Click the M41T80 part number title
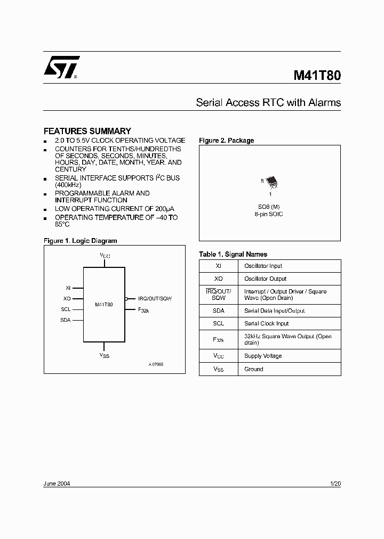pos(317,75)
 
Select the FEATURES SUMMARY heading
pos(87,131)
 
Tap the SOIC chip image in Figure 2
pos(271,182)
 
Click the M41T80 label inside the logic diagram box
pos(104,305)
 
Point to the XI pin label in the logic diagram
pos(68,288)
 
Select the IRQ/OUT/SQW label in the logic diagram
pos(155,299)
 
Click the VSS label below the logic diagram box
pos(104,355)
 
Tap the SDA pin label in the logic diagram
pos(66,320)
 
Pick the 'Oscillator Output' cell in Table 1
pos(265,279)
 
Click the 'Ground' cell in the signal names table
pos(254,369)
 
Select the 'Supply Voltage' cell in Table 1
pos(263,356)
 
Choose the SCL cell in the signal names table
pos(219,323)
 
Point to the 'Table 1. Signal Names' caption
pos(233,254)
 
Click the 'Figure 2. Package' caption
pos(226,141)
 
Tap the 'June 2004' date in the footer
pos(57,484)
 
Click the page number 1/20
pos(335,484)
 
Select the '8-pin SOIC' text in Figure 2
pos(270,214)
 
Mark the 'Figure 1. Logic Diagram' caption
pos(80,241)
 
